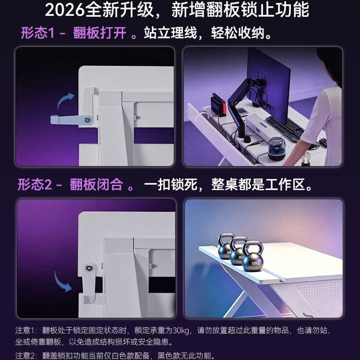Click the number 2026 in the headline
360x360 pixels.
click(64, 10)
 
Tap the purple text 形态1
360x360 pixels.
click(37, 33)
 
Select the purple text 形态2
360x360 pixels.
click(35, 184)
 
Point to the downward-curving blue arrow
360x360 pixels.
click(62, 282)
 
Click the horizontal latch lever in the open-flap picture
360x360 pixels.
click(72, 120)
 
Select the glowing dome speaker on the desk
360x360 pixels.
click(276, 148)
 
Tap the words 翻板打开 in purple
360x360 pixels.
click(100, 33)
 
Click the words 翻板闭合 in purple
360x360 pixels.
click(96, 184)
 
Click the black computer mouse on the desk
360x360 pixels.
click(323, 143)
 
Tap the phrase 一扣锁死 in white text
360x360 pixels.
click(171, 184)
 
